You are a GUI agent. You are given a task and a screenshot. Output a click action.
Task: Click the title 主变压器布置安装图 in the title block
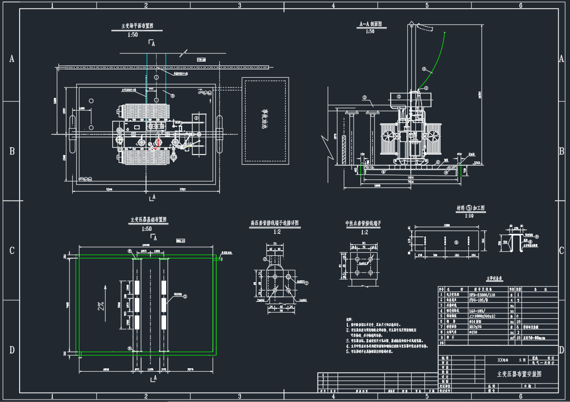click(x=519, y=374)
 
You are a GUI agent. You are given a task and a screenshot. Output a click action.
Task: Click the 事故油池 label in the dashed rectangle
click(x=266, y=120)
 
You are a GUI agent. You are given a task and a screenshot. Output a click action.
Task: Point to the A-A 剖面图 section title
click(x=370, y=24)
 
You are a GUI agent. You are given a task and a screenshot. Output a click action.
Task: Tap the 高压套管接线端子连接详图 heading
click(x=275, y=223)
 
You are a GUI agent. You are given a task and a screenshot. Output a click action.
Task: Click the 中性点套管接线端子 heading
click(x=363, y=223)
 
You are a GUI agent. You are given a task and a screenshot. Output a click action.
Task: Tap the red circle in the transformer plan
click(x=158, y=143)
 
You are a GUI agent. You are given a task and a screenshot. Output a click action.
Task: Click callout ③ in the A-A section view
click(x=364, y=97)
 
